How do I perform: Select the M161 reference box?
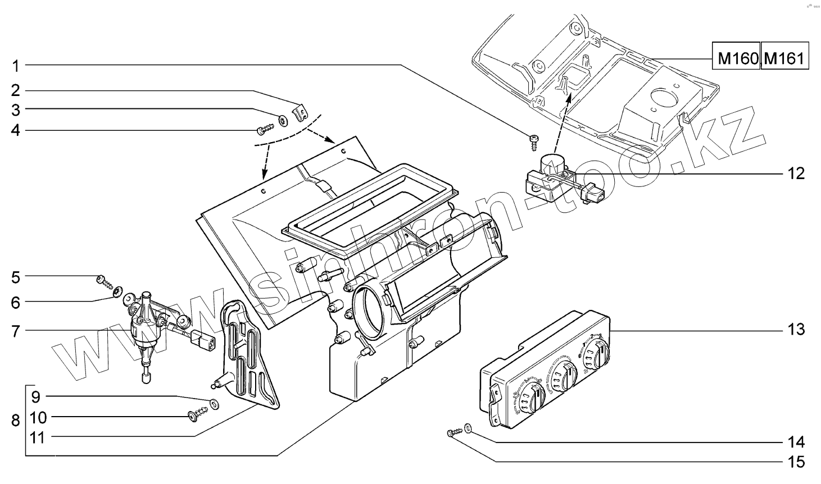[x=785, y=56]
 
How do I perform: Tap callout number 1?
[x=16, y=66]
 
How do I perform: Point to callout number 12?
[x=796, y=173]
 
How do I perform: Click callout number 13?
[x=796, y=330]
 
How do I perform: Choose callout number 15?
[x=796, y=462]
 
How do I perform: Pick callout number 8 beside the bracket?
[x=16, y=420]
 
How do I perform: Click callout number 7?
[x=16, y=331]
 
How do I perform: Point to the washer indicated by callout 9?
[x=215, y=403]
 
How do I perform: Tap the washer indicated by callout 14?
[x=469, y=430]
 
